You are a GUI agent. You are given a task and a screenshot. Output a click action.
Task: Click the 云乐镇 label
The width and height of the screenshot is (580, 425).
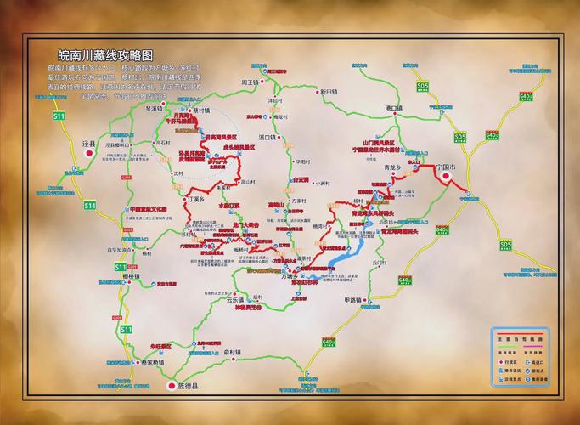[234, 300]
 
